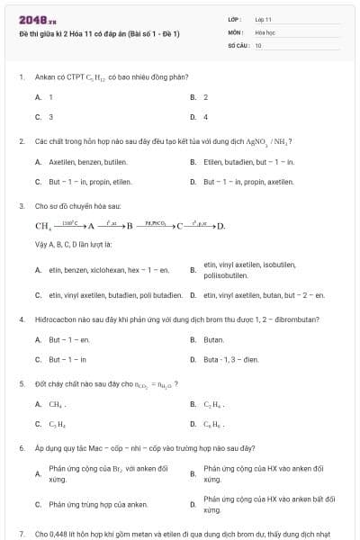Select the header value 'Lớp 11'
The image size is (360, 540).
[264, 18]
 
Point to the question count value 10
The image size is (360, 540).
[258, 44]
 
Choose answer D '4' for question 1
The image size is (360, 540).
[205, 116]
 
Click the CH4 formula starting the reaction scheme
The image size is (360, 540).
[43, 226]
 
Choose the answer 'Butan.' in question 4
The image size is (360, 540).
[214, 340]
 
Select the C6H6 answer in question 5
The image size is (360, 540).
[214, 424]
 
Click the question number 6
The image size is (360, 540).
[21, 447]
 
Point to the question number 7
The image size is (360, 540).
[21, 534]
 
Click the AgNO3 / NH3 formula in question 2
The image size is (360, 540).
[270, 141]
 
